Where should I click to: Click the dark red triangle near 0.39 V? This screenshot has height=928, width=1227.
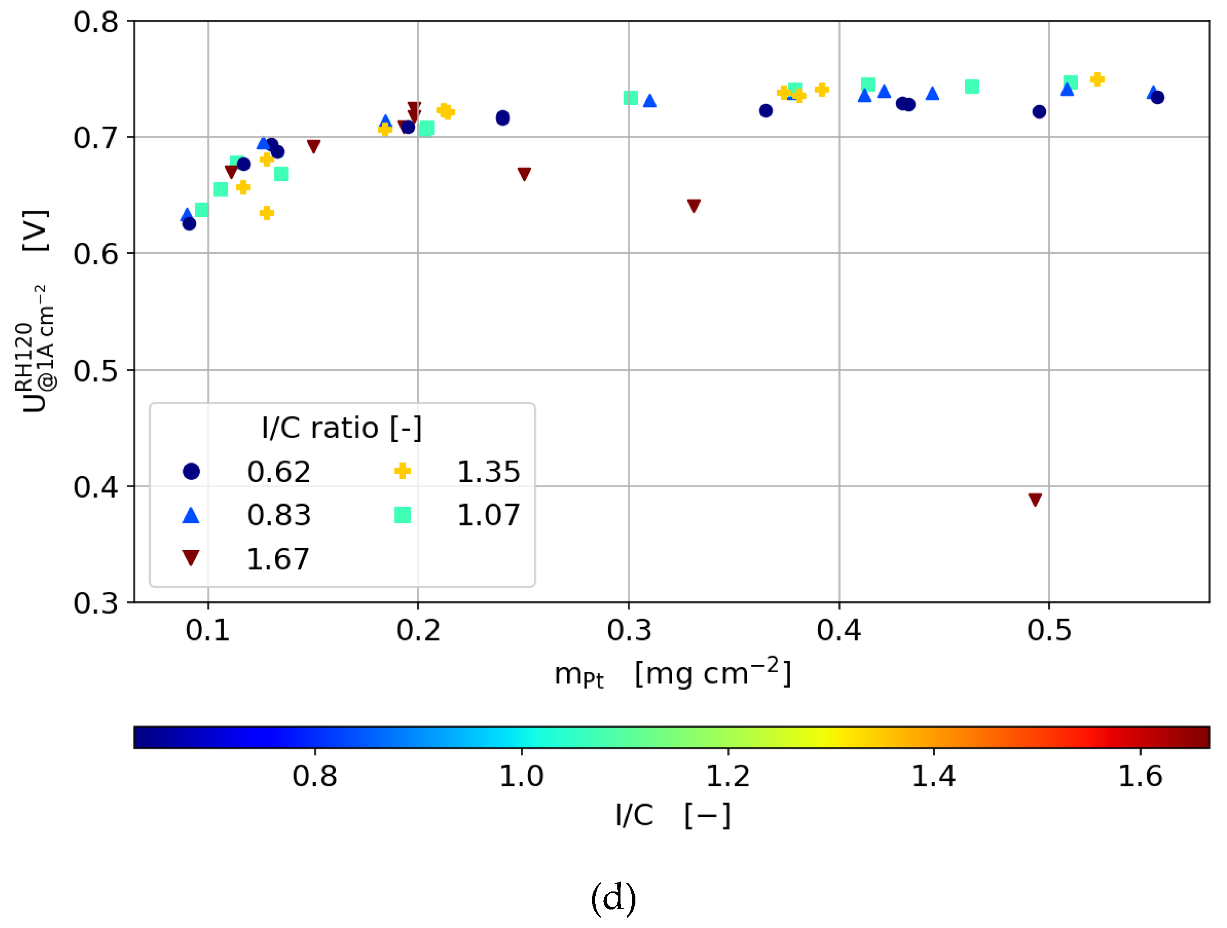[1035, 499]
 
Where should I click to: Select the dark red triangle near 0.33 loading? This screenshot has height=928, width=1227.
[694, 206]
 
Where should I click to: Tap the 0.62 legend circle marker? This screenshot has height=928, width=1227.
[191, 471]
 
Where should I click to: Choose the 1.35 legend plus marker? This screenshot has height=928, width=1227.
[402, 471]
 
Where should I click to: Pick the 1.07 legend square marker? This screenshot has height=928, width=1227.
[402, 515]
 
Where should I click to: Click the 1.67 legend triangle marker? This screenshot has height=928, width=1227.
[191, 558]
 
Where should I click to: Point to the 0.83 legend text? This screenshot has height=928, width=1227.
[278, 515]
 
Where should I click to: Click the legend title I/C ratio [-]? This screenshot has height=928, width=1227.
[342, 428]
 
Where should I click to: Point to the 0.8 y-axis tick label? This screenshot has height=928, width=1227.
[96, 22]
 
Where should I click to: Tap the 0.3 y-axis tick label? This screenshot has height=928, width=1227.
[96, 603]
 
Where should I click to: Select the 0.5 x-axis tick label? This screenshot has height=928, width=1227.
[1049, 630]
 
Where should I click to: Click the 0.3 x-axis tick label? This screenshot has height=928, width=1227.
[629, 630]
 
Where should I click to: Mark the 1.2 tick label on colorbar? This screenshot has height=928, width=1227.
[728, 776]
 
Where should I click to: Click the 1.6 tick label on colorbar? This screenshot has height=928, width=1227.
[1140, 776]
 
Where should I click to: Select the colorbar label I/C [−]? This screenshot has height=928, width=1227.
[672, 815]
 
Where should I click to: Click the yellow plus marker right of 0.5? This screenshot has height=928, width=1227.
[1097, 79]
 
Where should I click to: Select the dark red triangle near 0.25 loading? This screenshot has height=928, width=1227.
[524, 174]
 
